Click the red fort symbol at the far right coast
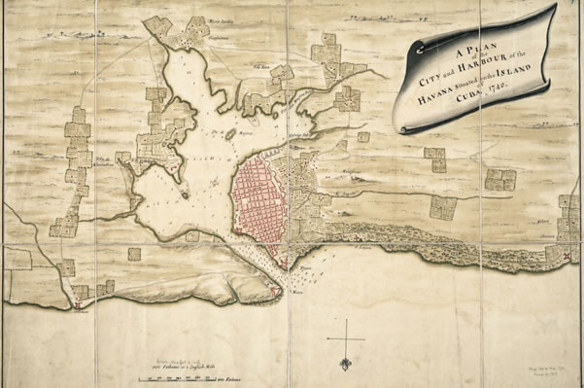(x=566, y=254)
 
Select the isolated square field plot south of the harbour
(x=133, y=254)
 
